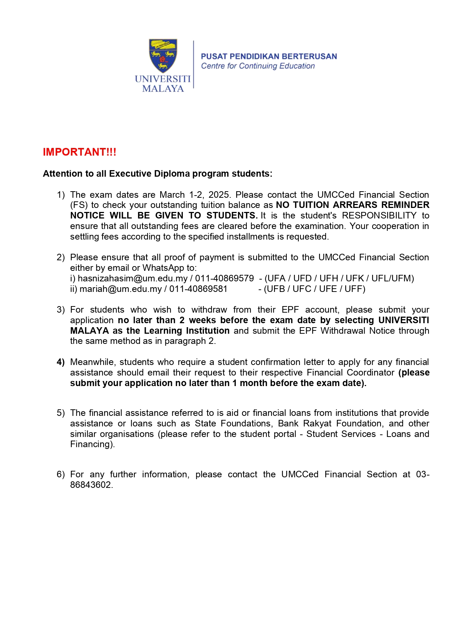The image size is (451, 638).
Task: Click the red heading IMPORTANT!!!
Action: coord(79,152)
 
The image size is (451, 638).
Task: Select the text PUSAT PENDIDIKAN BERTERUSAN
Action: coord(269,56)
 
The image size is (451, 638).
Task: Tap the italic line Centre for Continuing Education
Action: coord(258,66)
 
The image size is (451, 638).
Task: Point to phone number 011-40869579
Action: coord(224,278)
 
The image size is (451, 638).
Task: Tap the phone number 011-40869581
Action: coord(198,289)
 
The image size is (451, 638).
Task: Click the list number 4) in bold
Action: coord(60,362)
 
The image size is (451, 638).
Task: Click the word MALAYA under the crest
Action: coord(163,89)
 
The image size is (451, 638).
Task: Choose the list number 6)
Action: coord(60,474)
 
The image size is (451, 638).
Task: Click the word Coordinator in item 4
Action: coord(370,373)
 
